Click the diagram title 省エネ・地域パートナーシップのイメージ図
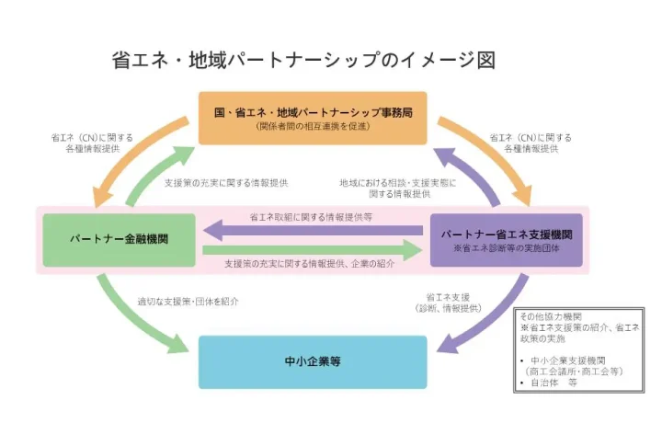(x=303, y=62)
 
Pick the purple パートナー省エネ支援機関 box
(x=507, y=239)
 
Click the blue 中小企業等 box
(x=313, y=361)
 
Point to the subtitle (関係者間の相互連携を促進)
(x=312, y=126)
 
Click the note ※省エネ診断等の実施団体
(x=507, y=248)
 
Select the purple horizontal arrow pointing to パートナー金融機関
(x=313, y=229)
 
